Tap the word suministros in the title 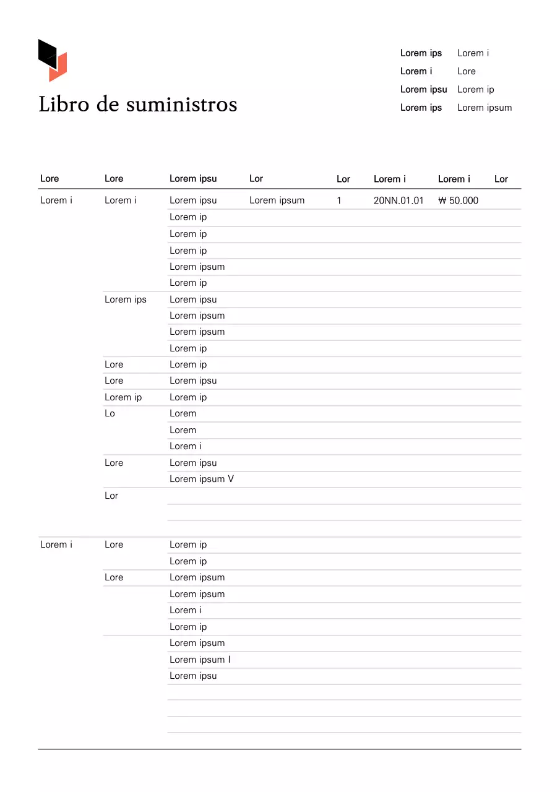(181, 104)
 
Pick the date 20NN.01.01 (398, 200)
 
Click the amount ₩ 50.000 (458, 200)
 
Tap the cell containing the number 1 (339, 200)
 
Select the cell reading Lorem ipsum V (202, 479)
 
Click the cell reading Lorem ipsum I (200, 660)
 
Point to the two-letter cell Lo (110, 413)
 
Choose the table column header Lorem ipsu (193, 179)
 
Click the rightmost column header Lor (501, 179)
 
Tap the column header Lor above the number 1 (343, 179)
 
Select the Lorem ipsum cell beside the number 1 (277, 200)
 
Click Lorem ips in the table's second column (126, 299)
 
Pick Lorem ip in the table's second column (123, 397)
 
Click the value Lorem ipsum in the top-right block (485, 108)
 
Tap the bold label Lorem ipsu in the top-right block (423, 90)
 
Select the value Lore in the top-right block (467, 71)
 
